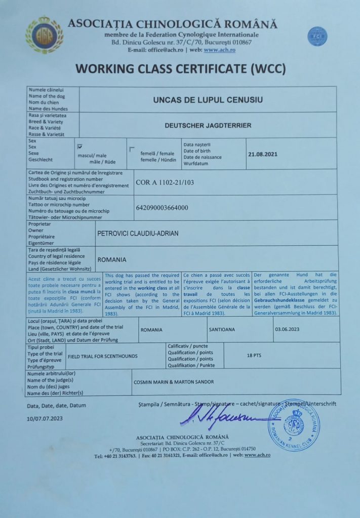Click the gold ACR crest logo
pos(44,35)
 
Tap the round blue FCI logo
pos(317,36)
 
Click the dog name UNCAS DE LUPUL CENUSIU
pos(208,100)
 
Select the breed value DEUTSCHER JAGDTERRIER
pos(208,125)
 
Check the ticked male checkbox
pos(80,147)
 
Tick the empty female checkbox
pos(132,149)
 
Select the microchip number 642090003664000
pos(162,207)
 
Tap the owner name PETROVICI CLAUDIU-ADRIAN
pos(138,233)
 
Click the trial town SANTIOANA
pos(222,329)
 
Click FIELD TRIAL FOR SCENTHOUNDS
pos(102,356)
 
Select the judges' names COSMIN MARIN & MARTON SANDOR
pos(173,382)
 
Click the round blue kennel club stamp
pos(294,425)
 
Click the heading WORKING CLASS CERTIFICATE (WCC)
pos(181,68)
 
